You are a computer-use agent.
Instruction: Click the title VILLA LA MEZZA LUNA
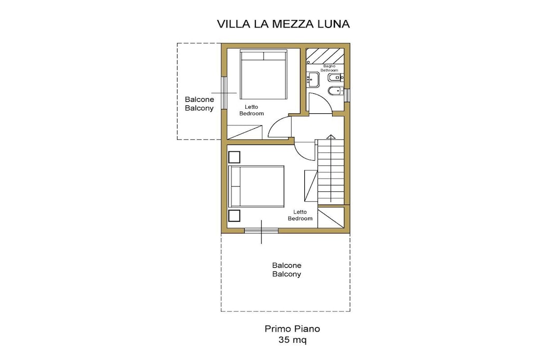pos(283,24)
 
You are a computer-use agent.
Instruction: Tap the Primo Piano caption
pos(292,329)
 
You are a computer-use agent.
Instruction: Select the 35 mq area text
pos(292,340)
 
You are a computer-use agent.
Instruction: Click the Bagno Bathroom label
pos(329,68)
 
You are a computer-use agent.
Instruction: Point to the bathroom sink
pos(313,80)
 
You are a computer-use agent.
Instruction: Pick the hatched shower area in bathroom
pos(325,56)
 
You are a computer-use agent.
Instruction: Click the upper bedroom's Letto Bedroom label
pos(252,110)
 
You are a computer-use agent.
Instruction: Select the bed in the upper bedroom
pos(264,75)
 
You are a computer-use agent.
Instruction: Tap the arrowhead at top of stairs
pos(331,137)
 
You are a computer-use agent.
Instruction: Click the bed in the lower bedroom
pos(257,186)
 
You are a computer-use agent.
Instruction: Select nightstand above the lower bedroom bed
pos(234,157)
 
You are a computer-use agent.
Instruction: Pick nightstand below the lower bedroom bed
pos(234,216)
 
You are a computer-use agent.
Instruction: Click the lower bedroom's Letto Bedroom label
pos(300,215)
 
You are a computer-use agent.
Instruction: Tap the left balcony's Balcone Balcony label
pos(199,104)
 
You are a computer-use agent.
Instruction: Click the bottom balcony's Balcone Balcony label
pos(286,269)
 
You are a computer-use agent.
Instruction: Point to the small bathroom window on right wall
pos(347,95)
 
